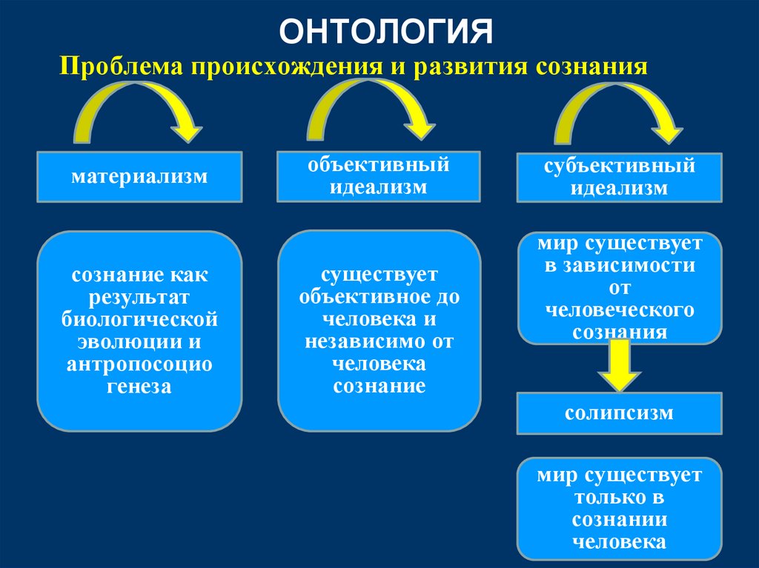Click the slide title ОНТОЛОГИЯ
(388, 32)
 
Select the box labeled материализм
(139, 177)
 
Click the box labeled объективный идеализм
(379, 176)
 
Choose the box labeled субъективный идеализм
(619, 177)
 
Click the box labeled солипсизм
(619, 412)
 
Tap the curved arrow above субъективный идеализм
(619, 111)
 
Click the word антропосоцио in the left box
(139, 364)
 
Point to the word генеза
(139, 386)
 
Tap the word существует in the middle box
(379, 275)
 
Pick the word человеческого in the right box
(619, 310)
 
